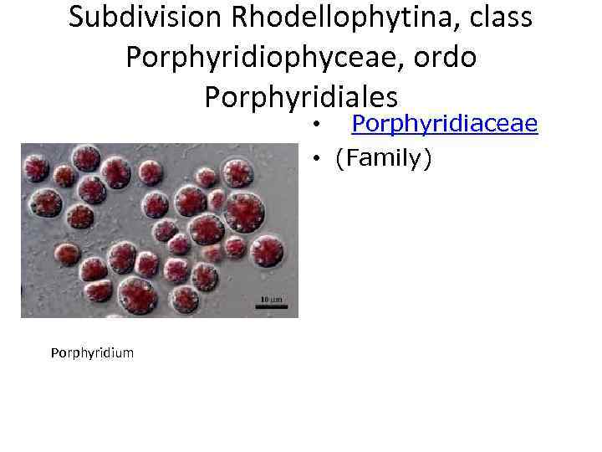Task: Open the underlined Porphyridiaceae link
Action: click(444, 124)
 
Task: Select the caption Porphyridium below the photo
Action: click(92, 352)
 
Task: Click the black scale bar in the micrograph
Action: click(271, 306)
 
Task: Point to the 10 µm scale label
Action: click(270, 299)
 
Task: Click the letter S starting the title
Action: click(76, 18)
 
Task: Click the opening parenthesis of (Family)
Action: click(339, 158)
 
